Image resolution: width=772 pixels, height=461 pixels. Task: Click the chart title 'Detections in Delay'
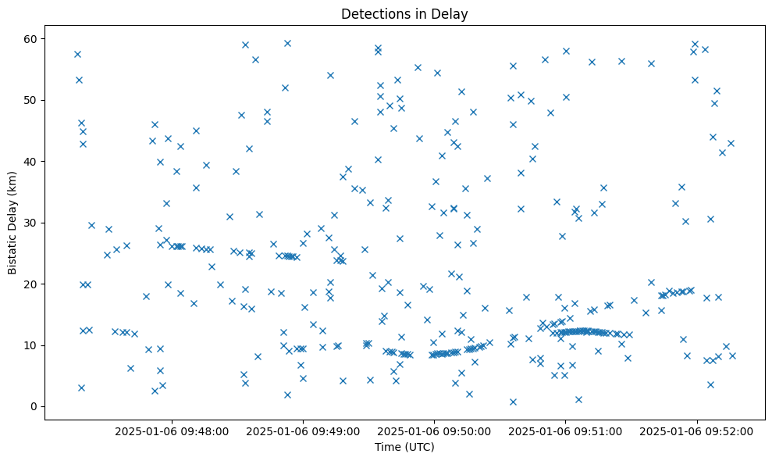(x=404, y=13)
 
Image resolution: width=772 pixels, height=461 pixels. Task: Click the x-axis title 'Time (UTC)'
(x=404, y=447)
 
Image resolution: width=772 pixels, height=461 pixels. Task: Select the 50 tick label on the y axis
(x=34, y=100)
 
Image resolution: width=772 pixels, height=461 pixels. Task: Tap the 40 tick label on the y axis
(x=34, y=161)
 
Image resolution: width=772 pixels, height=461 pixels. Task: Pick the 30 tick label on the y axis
(x=34, y=223)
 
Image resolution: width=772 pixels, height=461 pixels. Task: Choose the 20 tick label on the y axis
(x=34, y=284)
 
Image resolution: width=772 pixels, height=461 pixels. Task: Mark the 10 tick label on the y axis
(x=34, y=345)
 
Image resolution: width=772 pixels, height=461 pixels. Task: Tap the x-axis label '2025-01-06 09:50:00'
(x=434, y=431)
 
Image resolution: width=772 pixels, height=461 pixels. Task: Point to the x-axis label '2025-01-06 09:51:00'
(x=566, y=431)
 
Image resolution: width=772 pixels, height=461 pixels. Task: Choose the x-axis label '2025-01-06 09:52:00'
(x=697, y=431)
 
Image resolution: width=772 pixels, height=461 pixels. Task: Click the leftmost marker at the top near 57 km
(x=77, y=54)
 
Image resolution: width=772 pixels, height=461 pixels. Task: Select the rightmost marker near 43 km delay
(x=731, y=143)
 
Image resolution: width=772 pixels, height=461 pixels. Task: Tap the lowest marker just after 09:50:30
(x=513, y=402)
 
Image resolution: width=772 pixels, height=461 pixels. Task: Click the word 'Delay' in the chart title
(x=452, y=13)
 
